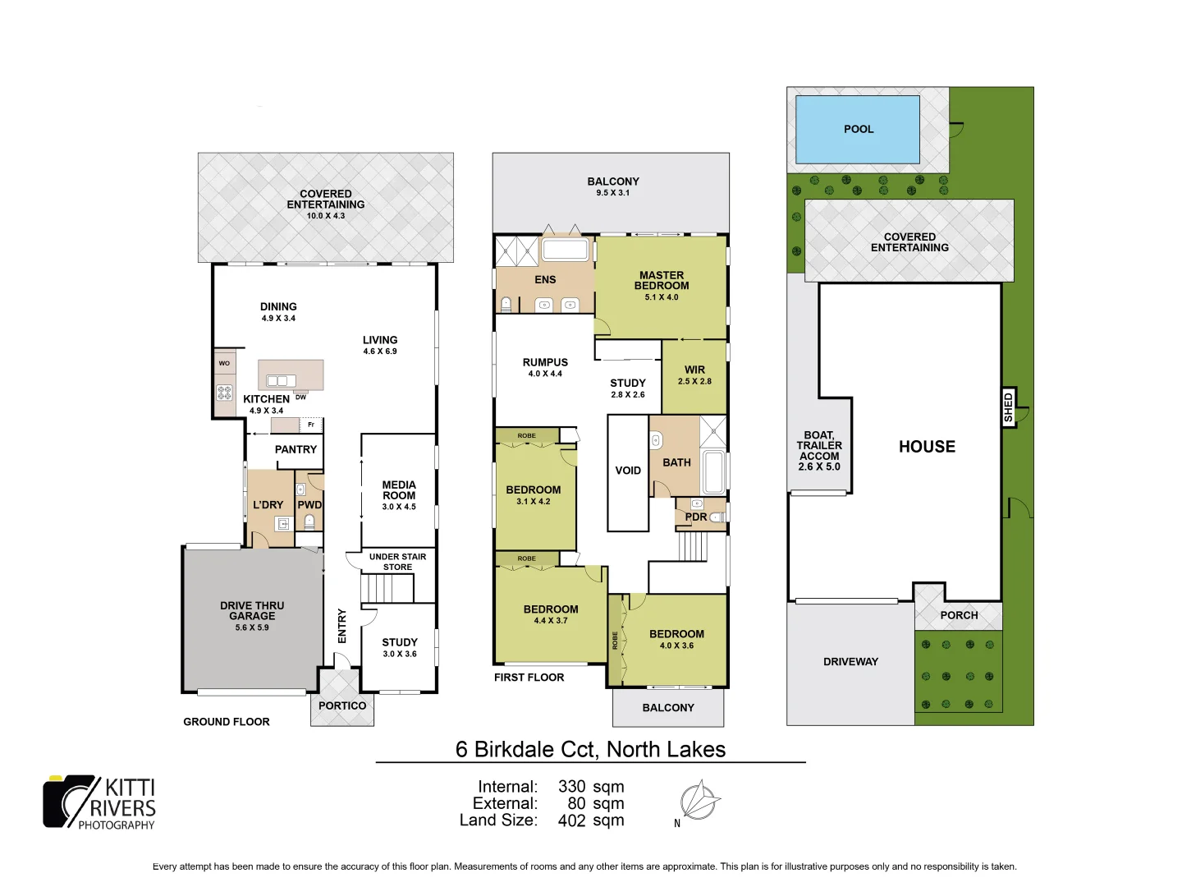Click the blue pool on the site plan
857,129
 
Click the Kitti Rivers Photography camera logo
71,801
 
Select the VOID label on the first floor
628,471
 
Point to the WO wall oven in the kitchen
224,363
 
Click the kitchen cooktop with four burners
224,393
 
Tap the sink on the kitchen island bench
281,380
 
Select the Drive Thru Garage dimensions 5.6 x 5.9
251,627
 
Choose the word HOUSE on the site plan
927,447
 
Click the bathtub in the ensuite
566,250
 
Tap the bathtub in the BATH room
713,472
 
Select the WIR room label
694,370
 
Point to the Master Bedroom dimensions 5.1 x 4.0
662,297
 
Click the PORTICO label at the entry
342,705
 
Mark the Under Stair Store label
397,562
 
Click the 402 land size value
571,820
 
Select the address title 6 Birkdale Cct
590,749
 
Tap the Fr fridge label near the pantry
311,425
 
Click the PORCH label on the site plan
959,615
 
